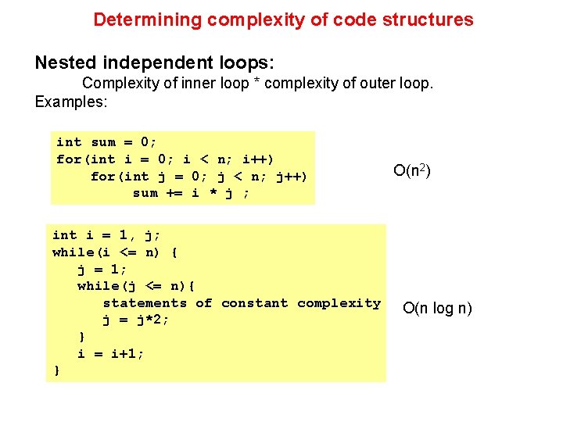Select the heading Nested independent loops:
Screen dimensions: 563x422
click(154, 62)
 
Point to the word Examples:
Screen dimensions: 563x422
click(71, 102)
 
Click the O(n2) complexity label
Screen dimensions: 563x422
click(412, 170)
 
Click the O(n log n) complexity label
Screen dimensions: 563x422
click(437, 308)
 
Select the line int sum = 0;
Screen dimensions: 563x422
click(106, 142)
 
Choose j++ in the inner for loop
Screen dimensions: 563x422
click(289, 177)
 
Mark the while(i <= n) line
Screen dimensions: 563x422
click(115, 252)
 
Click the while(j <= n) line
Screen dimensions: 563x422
click(137, 286)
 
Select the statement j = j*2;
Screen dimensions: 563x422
click(136, 320)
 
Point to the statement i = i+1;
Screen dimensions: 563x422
click(111, 354)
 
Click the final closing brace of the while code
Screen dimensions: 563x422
click(56, 371)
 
